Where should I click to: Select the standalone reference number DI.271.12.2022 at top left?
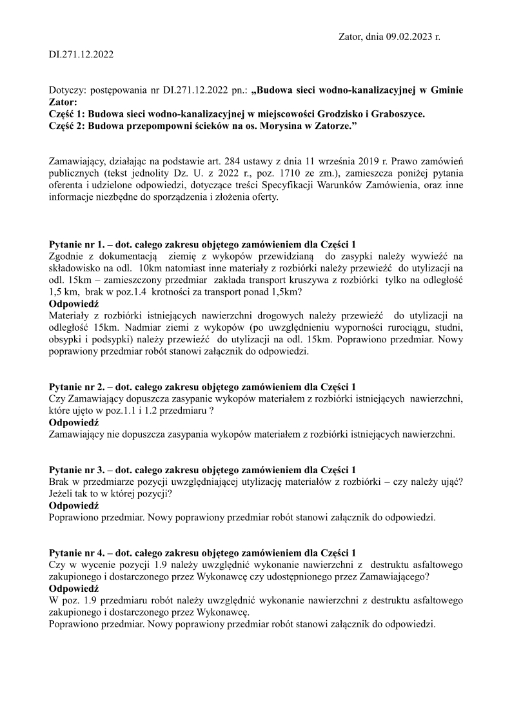tap(81, 55)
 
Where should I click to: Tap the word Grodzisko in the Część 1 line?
tap(323, 114)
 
